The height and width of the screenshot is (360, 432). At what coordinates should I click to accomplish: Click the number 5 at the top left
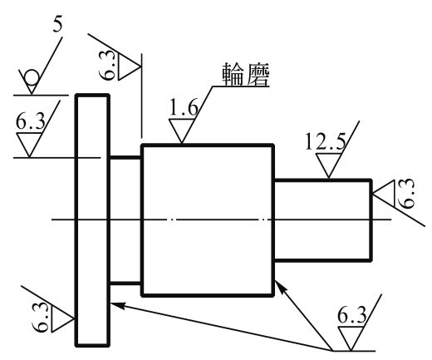pos(57,26)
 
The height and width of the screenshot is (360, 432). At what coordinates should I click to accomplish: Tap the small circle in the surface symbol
pos(32,76)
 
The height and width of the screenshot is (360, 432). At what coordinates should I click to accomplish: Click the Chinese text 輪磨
pos(246,74)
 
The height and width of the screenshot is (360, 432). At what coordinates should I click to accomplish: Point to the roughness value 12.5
pos(326,141)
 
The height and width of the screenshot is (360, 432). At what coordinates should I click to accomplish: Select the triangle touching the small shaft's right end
pos(383,193)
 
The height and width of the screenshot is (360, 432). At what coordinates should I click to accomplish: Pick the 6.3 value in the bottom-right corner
pos(351,315)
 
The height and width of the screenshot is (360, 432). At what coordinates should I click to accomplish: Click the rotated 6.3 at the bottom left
pos(40,317)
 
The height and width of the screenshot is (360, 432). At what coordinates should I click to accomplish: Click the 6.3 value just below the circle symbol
pos(30,121)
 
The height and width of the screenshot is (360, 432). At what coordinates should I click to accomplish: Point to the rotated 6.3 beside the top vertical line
pos(106,66)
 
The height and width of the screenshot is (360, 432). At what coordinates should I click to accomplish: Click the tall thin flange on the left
pos(92,220)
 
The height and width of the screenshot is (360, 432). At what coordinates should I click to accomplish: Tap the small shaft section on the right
pos(323,220)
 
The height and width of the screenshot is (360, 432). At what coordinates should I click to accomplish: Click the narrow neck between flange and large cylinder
pos(125,220)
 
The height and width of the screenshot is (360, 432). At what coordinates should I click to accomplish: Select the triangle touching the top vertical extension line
pos(130,67)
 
